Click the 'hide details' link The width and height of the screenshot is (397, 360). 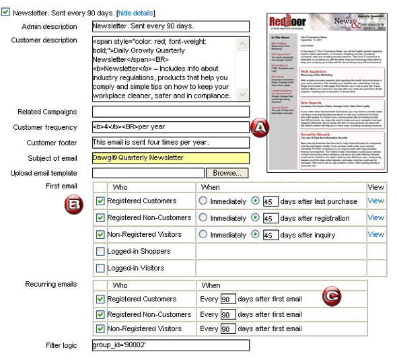[136, 13]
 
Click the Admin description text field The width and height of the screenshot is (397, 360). [170, 27]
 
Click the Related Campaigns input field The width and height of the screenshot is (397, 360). [170, 112]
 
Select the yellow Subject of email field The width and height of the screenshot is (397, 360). [170, 158]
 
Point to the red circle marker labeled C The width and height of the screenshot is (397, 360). [330, 295]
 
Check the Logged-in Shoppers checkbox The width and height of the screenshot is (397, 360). [100, 252]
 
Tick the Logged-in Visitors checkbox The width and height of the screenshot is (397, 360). [100, 268]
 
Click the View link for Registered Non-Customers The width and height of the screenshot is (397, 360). [375, 218]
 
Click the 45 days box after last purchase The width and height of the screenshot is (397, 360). [270, 201]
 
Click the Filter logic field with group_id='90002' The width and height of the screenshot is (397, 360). [170, 345]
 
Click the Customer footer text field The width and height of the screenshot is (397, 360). [170, 142]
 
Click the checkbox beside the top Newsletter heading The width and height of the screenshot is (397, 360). [6, 13]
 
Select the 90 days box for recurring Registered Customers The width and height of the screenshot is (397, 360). [228, 299]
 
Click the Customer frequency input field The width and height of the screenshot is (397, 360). [170, 127]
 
